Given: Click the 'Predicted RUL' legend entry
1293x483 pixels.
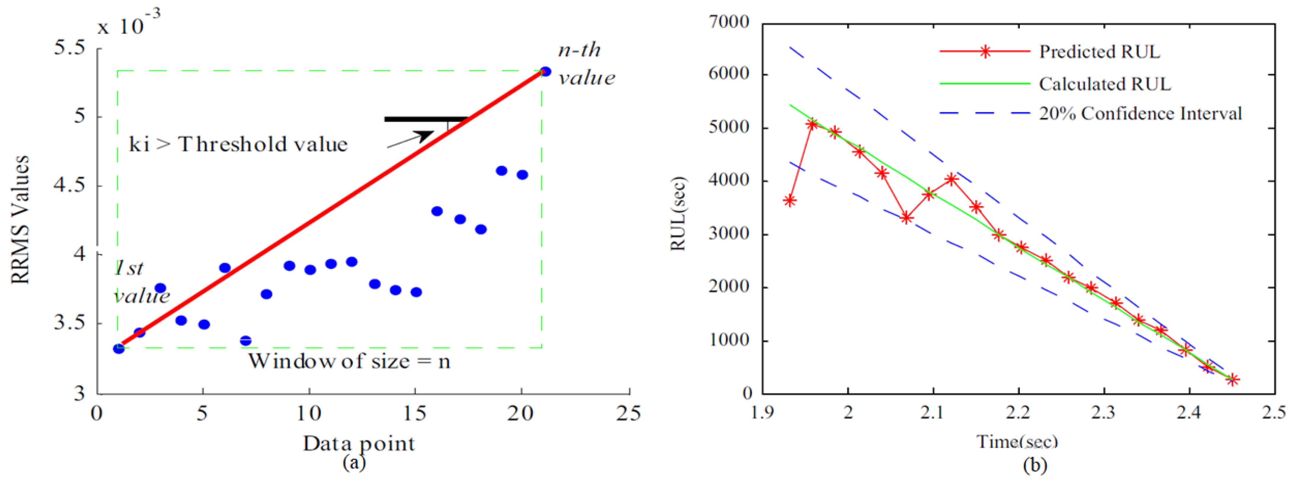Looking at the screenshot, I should (x=1099, y=52).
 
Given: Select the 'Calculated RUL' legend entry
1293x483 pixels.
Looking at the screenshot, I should (x=1104, y=84).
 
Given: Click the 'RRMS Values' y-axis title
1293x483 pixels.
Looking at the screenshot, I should (x=21, y=220).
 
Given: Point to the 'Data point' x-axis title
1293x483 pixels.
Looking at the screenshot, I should (x=359, y=443).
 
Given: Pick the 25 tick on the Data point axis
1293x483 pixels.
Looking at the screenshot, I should (x=629, y=413).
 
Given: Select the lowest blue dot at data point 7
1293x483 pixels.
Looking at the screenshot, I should (x=245, y=341).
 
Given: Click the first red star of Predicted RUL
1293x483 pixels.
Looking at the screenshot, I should (x=790, y=201).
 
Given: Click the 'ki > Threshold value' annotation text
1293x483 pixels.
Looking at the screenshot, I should (x=239, y=145).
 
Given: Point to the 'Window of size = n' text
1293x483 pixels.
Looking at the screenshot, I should (x=349, y=361).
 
